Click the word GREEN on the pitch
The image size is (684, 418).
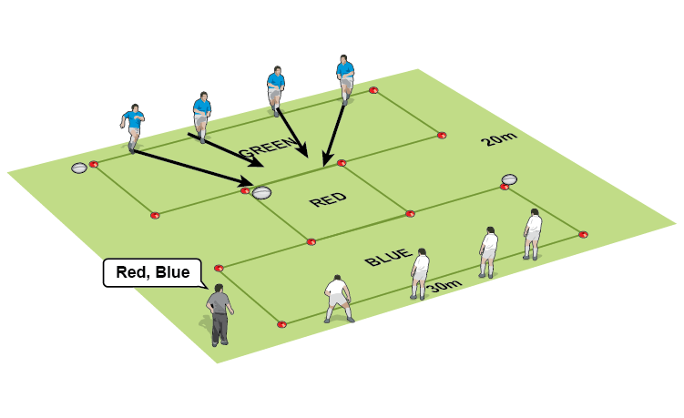[x=268, y=145]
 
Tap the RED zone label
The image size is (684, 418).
[x=329, y=199]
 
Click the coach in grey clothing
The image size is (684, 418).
[x=219, y=313]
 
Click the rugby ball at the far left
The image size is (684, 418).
[x=79, y=168]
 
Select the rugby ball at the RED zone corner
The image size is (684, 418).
[x=262, y=192]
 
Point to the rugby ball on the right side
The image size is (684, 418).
[x=509, y=179]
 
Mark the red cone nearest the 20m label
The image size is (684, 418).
[x=442, y=135]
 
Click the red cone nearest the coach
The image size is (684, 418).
[x=219, y=268]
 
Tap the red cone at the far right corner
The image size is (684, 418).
[x=583, y=234]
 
